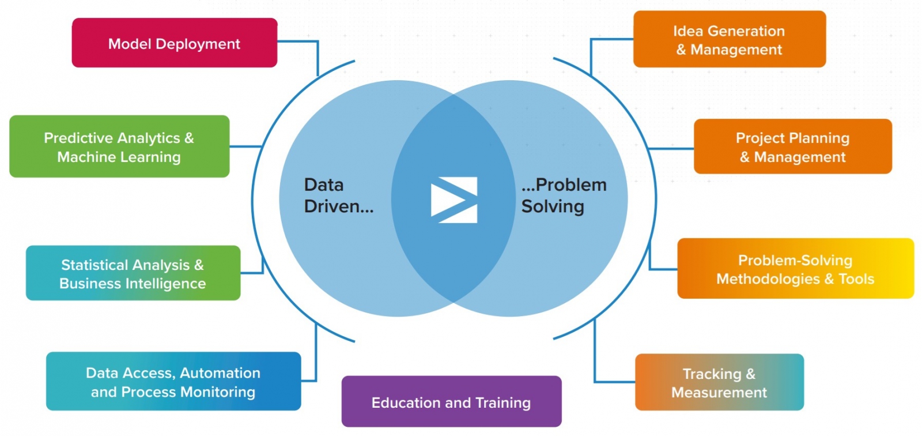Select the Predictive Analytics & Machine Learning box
119,146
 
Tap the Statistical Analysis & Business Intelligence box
133,273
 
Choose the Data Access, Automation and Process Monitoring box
173,382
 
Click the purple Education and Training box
451,402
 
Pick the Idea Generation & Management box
729,39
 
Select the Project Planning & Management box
792,146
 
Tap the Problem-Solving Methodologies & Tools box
795,269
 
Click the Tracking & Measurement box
719,382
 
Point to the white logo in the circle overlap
454,200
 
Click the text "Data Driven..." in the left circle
338,196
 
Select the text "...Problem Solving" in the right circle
564,196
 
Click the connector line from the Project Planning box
671,149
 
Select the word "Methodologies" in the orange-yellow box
768,279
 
